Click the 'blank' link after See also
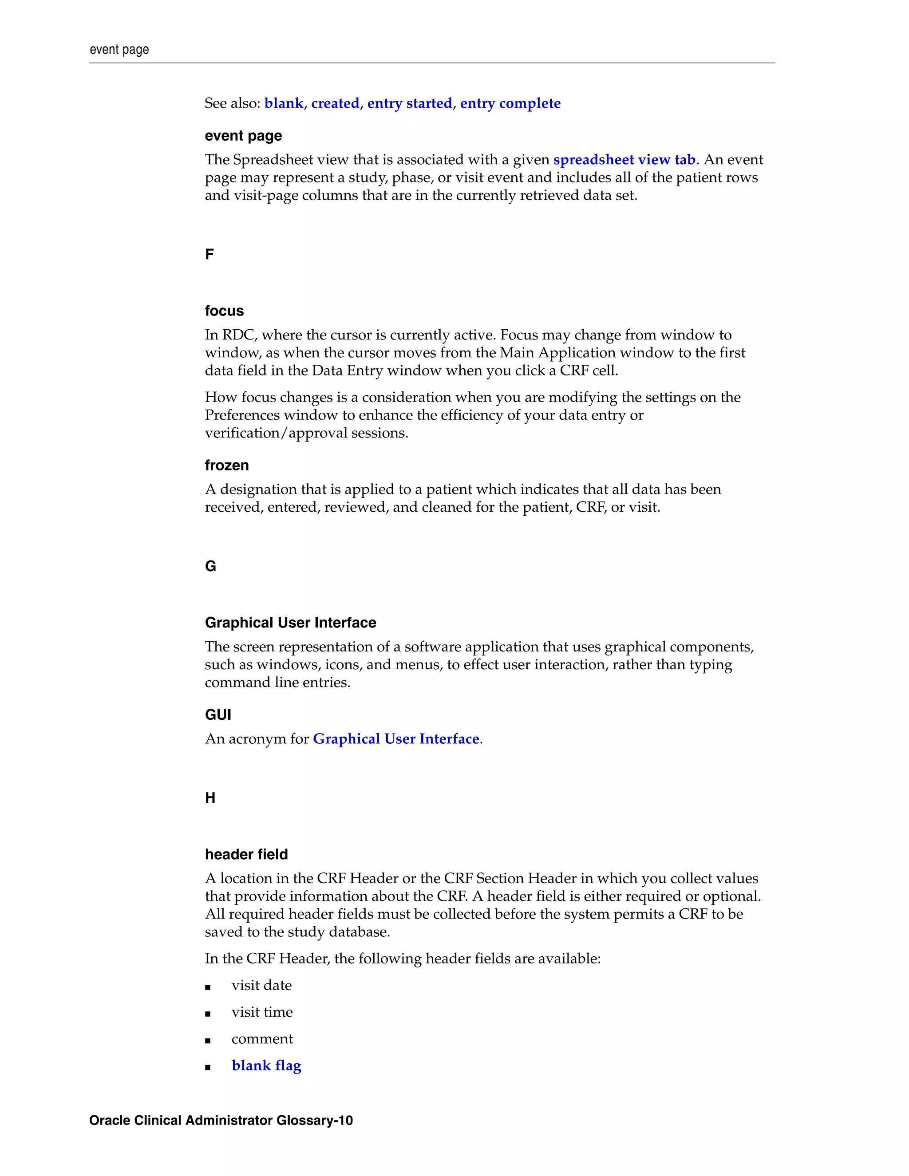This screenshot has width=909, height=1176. click(283, 103)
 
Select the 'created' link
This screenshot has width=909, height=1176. click(335, 103)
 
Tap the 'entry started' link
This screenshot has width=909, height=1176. click(409, 103)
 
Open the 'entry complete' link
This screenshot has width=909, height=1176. click(510, 103)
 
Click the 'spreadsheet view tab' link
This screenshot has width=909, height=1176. click(624, 160)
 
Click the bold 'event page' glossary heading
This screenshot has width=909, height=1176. click(243, 136)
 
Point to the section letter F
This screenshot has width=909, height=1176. click(209, 254)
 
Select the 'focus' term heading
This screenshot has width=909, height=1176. click(224, 311)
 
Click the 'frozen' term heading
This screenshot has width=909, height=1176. click(227, 465)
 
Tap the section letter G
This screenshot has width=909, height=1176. click(210, 566)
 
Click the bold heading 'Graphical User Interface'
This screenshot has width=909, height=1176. click(290, 623)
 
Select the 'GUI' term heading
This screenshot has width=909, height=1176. click(218, 714)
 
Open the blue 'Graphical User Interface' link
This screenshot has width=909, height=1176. click(396, 739)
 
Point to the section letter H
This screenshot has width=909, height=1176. click(210, 798)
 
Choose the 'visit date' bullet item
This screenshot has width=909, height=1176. click(262, 985)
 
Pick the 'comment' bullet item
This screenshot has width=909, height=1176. click(262, 1039)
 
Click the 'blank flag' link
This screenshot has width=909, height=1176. click(266, 1066)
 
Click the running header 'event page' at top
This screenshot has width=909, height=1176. click(119, 50)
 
